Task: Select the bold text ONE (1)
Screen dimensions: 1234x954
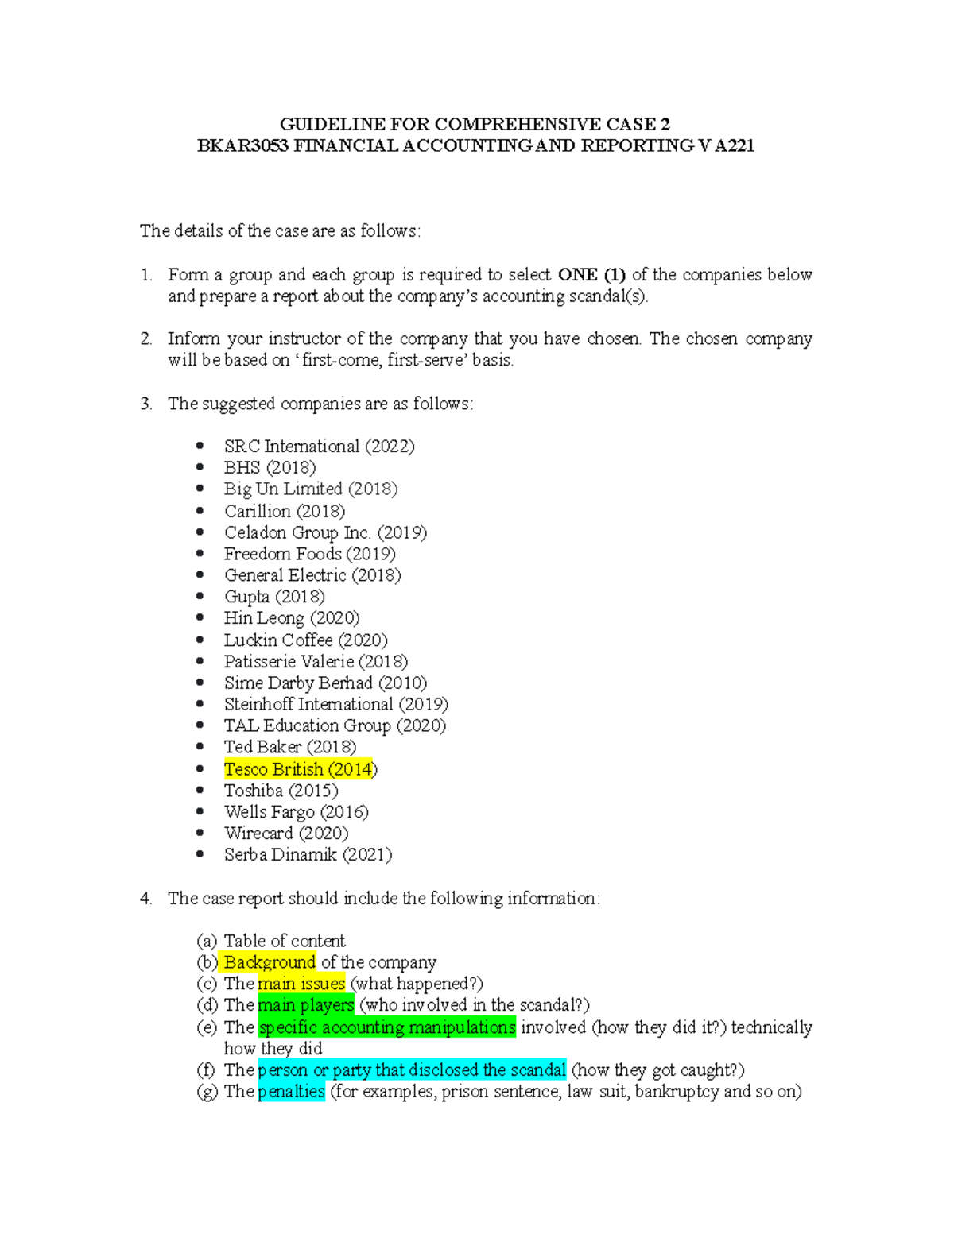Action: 591,275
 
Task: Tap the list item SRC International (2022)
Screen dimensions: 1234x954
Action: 319,446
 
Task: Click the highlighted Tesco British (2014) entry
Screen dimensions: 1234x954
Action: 300,769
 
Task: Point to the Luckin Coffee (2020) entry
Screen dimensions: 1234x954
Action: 305,640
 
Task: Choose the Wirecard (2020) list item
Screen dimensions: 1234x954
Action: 286,833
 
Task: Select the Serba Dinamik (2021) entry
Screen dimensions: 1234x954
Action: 308,854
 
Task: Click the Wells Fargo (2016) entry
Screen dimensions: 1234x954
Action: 296,811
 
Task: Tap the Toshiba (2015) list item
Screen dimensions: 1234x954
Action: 281,790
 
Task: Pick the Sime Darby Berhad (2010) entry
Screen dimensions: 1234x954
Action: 325,683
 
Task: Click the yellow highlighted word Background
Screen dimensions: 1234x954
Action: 270,962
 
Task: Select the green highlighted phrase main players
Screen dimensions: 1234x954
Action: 306,1005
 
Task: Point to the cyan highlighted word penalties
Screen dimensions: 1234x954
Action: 291,1091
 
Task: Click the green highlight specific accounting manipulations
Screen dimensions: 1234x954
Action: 387,1027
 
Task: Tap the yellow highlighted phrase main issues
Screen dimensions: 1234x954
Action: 301,984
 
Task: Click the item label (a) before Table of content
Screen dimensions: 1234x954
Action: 207,941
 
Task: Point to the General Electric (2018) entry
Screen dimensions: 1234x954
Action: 312,574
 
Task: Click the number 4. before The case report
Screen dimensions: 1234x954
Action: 145,898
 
